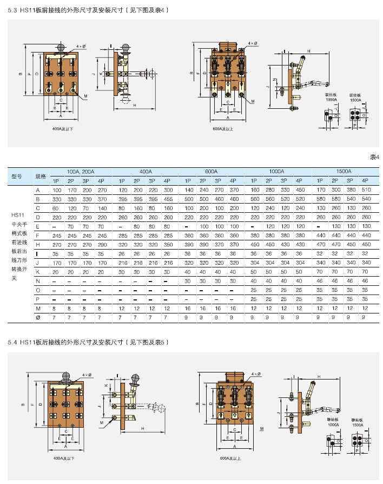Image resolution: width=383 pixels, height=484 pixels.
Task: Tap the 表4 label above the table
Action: pos(375,157)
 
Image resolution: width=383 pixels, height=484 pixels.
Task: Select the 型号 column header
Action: pos(16,176)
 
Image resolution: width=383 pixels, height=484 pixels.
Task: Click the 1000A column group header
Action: pos(277,171)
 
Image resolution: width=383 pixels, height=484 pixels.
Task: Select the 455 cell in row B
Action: pos(168,199)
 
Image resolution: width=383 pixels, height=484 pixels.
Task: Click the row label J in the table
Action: pos(38,263)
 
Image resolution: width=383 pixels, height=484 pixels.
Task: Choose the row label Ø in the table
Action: pos(38,317)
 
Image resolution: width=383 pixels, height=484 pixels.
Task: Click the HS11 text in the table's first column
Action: pos(18,215)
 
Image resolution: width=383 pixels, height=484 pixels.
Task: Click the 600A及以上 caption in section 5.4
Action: pos(231,458)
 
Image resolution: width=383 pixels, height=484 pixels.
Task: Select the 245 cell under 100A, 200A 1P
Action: pos(57,236)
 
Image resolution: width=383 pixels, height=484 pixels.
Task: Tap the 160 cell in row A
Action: pos(255,190)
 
